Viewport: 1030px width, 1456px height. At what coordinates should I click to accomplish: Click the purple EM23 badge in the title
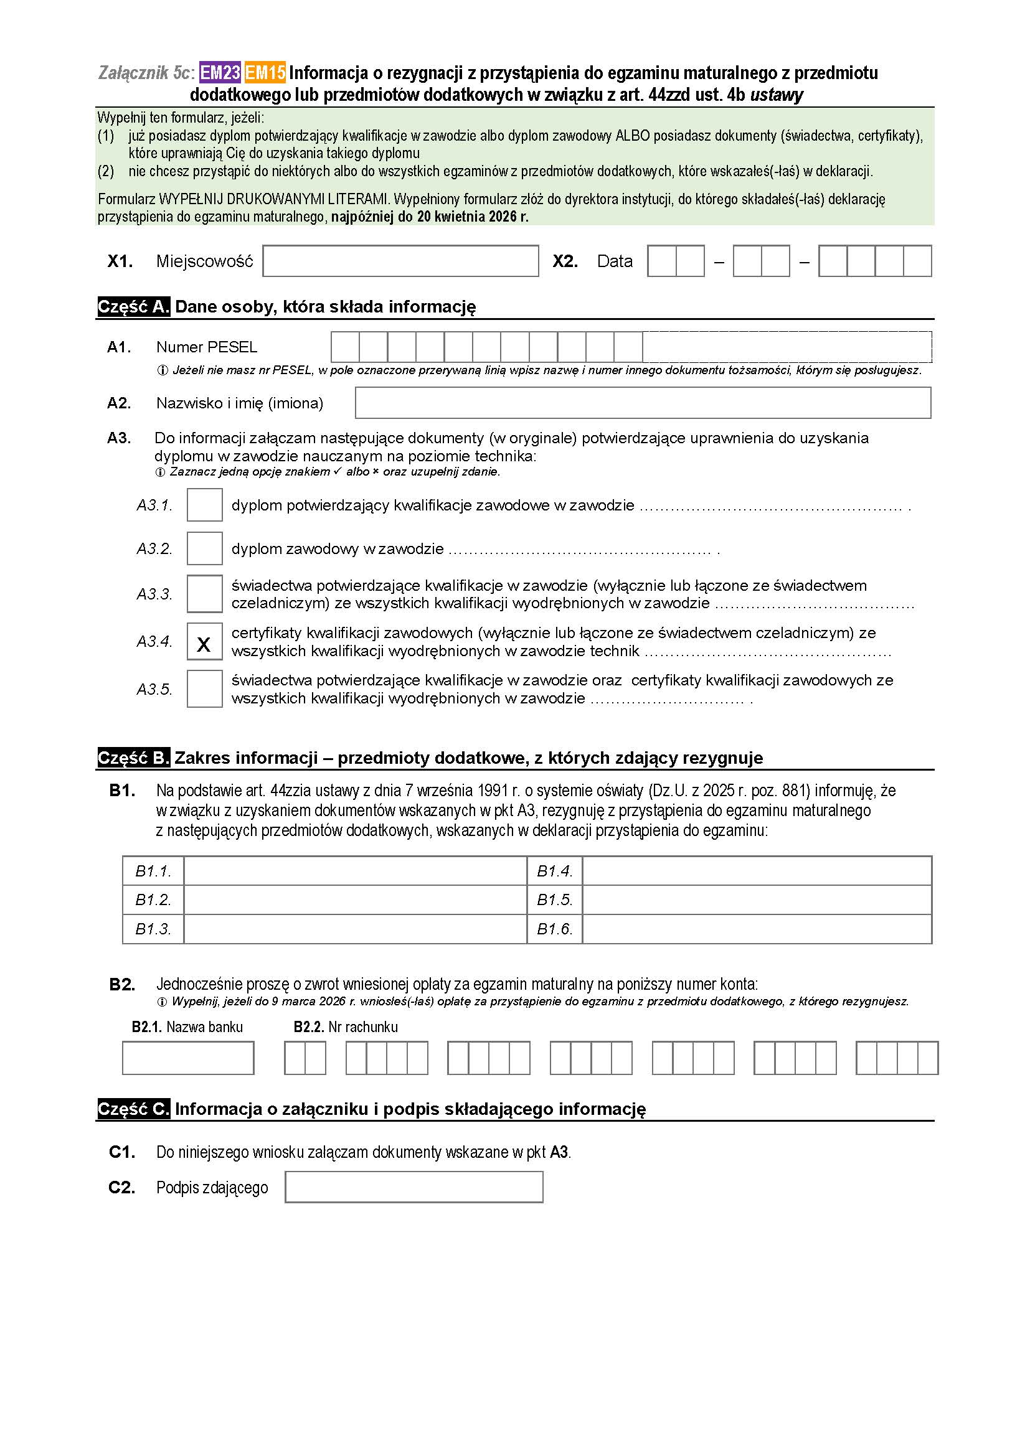(x=219, y=73)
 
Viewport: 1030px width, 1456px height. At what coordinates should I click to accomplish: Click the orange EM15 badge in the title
(x=265, y=73)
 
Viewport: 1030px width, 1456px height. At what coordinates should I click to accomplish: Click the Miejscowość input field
(x=400, y=261)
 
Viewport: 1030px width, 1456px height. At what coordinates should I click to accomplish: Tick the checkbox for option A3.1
(x=204, y=505)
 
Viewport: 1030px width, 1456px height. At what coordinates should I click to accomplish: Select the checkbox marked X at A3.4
(x=204, y=641)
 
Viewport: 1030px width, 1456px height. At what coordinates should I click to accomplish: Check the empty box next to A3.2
(x=204, y=548)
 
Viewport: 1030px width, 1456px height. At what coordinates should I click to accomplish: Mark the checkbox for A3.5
(x=204, y=688)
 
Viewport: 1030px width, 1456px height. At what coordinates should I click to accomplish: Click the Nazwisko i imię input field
(x=643, y=403)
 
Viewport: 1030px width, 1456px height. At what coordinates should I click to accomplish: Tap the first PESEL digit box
(x=345, y=347)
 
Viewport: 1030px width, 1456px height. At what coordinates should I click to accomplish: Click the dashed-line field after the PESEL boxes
(x=787, y=347)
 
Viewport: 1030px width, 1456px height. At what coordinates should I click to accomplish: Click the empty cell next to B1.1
(x=355, y=871)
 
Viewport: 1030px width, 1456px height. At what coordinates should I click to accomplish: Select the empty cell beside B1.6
(x=757, y=929)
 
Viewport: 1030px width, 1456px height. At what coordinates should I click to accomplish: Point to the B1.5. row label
(x=554, y=900)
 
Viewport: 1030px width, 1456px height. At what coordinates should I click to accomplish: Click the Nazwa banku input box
(x=187, y=1058)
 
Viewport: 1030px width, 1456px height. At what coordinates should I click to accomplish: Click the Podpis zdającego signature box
(x=413, y=1187)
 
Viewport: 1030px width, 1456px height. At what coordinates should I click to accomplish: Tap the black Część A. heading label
(x=133, y=307)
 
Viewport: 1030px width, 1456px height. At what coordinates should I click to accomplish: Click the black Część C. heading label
(x=133, y=1109)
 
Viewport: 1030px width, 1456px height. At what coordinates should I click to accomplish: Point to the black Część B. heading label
(x=133, y=758)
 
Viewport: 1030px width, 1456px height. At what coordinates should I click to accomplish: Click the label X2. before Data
(x=564, y=261)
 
